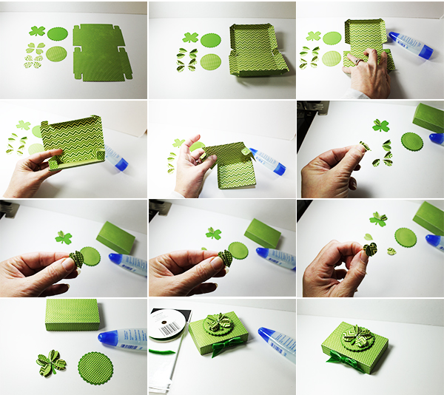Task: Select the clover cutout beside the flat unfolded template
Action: tap(37, 31)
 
